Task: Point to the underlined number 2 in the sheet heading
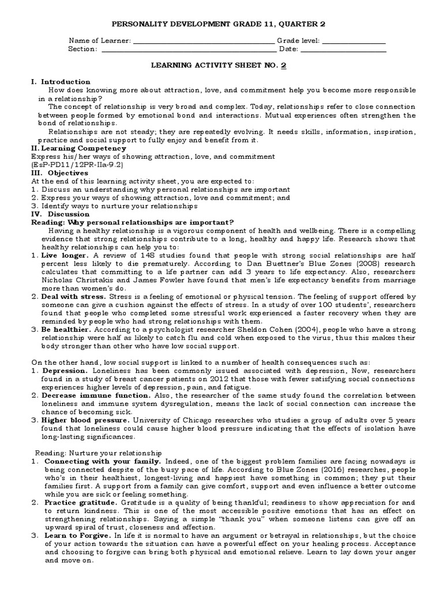(x=283, y=66)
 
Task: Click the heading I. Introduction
(x=60, y=82)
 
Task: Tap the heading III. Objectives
(x=59, y=173)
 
